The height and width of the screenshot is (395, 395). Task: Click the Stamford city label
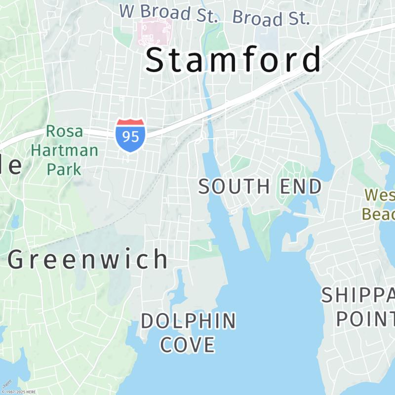click(x=234, y=60)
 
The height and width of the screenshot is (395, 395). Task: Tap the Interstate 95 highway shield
click(x=131, y=134)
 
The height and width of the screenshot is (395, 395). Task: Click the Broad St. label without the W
click(x=271, y=18)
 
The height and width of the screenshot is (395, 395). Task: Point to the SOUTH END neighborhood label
click(x=260, y=187)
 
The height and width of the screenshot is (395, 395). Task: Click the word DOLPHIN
click(x=189, y=321)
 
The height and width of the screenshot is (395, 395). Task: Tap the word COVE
click(x=188, y=345)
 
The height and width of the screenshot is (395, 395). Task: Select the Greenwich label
click(x=88, y=260)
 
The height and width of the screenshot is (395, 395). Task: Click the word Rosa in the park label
click(x=64, y=132)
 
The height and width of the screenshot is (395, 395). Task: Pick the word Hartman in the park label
click(x=64, y=150)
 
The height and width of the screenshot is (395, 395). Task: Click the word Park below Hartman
click(x=64, y=168)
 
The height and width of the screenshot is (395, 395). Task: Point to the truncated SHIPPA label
click(x=358, y=295)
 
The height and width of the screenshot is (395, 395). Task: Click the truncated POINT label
click(x=365, y=318)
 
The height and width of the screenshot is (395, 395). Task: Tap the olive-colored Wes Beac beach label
click(x=379, y=204)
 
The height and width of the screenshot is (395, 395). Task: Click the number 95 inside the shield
click(x=131, y=136)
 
